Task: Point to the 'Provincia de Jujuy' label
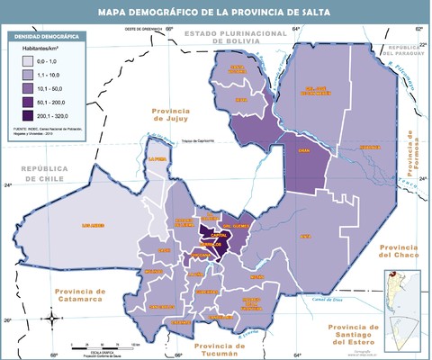(171, 112)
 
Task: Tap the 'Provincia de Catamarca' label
(80, 296)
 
